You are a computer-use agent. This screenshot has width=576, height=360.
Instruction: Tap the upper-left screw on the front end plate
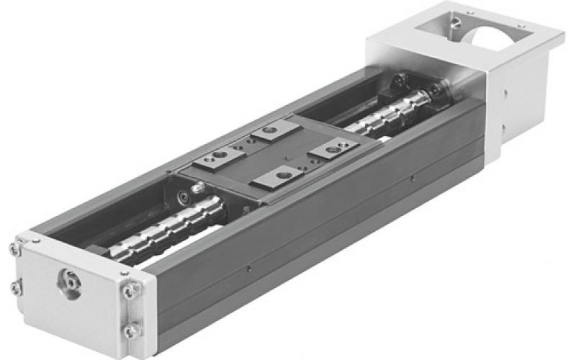coord(16,248)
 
